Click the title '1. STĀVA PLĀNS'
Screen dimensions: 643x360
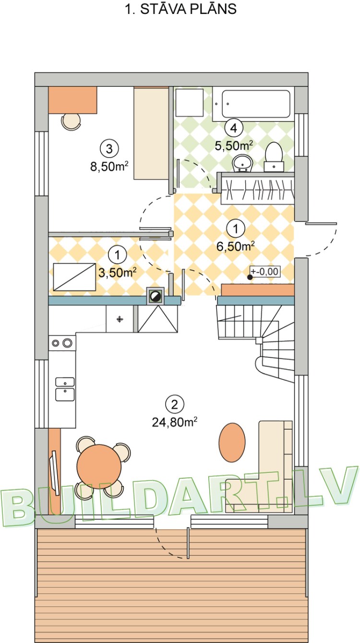[x=181, y=10]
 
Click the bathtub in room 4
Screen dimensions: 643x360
[x=252, y=104]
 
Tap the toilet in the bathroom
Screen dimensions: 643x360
[x=274, y=155]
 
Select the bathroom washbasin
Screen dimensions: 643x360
[x=242, y=163]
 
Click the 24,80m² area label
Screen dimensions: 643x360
[x=175, y=422]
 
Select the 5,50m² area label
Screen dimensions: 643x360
[x=234, y=145]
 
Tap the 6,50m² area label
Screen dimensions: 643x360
[x=235, y=246]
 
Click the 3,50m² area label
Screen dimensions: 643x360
[x=118, y=272]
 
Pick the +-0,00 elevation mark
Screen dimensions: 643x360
[x=264, y=271]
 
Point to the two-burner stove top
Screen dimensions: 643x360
[x=62, y=343]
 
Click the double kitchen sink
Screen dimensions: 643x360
[x=64, y=388]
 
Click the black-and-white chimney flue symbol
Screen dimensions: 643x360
[x=155, y=296]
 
